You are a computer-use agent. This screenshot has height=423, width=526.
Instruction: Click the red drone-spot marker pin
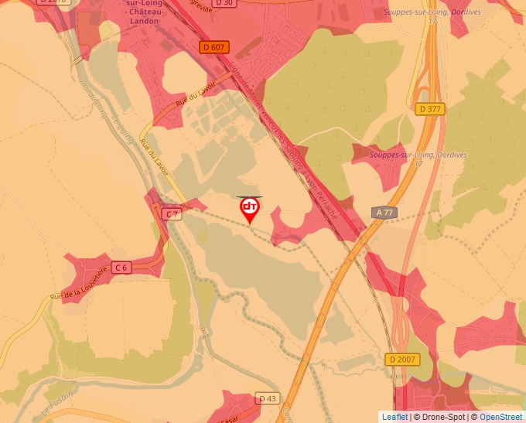[250, 209]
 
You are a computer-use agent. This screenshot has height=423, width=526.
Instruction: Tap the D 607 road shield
[214, 47]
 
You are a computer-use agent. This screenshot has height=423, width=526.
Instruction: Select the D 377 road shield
[429, 109]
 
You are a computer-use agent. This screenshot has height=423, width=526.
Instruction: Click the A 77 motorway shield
[384, 212]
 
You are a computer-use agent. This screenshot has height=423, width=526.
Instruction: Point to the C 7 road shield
[172, 213]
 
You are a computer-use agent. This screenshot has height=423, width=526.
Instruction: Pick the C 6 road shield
[121, 268]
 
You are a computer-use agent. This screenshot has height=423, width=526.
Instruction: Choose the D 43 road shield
[267, 398]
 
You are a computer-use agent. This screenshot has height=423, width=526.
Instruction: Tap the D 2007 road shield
[401, 360]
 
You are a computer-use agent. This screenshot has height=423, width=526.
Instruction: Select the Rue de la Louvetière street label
[77, 284]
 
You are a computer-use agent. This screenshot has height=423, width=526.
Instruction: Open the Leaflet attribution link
[394, 417]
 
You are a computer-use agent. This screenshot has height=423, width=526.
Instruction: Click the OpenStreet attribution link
[500, 417]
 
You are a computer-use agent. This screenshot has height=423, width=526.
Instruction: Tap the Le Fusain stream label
[54, 408]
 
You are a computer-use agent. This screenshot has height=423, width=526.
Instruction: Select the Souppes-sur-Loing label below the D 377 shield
[418, 155]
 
